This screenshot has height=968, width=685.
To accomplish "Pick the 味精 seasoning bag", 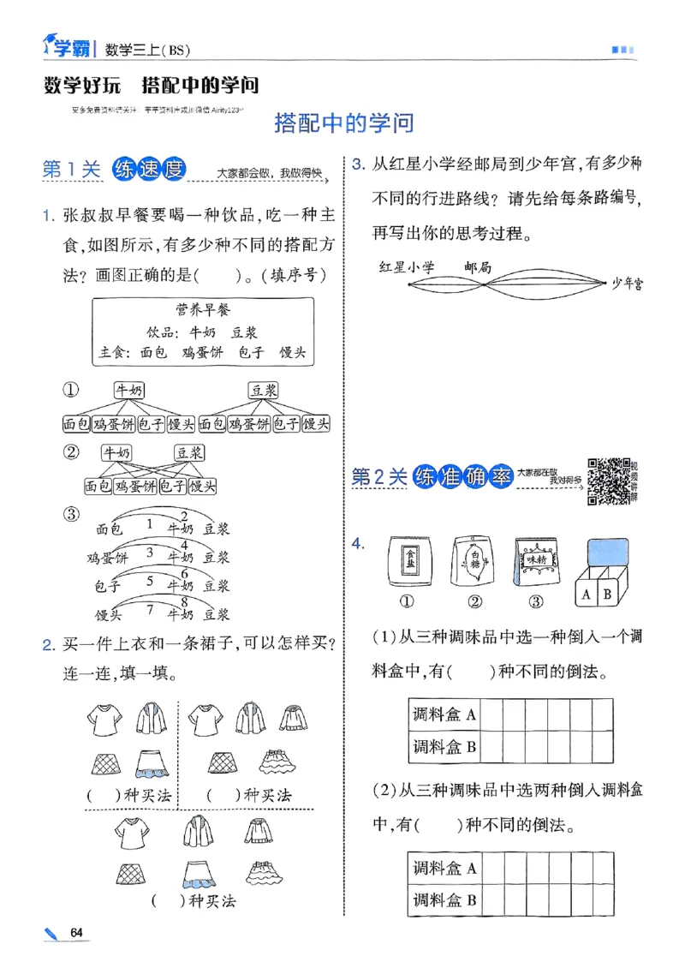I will pos(536,562).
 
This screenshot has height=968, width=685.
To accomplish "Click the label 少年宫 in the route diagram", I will pos(628,284).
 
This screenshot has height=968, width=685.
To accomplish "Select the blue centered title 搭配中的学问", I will pos(343,123).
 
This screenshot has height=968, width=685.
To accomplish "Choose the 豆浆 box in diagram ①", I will pos(263,390).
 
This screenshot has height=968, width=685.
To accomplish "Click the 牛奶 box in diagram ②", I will pos(117,452).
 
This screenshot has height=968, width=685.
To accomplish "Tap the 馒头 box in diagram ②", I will pos(202,487).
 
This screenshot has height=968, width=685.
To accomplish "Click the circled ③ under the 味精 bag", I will pos(536,601).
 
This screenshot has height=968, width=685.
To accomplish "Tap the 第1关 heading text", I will pos(72,170).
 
